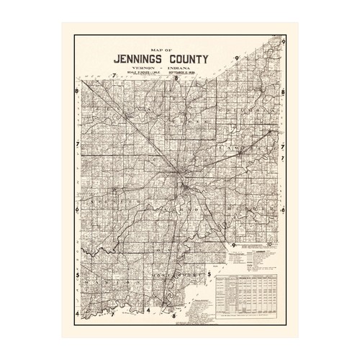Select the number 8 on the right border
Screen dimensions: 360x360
point(284,92)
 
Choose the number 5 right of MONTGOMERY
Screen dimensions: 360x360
point(209,274)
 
